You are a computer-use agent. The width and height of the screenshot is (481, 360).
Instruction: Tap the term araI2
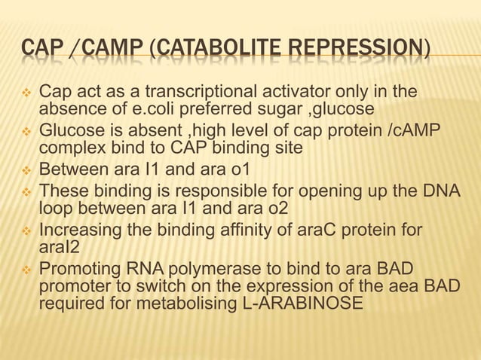(60, 246)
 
